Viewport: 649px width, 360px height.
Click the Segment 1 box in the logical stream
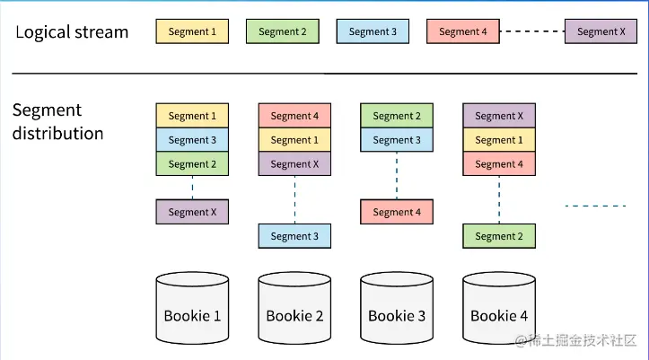click(192, 31)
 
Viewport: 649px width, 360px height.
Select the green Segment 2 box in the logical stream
click(282, 31)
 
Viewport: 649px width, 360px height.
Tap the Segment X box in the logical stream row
click(601, 31)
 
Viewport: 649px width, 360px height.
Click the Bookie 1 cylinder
click(192, 308)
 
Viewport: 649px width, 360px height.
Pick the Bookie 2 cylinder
click(294, 308)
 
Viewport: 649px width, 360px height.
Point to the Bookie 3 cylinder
click(397, 308)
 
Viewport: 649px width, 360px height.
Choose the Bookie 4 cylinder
click(499, 308)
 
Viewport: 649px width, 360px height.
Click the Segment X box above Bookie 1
click(192, 212)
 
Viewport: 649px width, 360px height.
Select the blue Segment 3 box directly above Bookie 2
click(294, 236)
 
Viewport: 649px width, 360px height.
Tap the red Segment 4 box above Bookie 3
click(397, 212)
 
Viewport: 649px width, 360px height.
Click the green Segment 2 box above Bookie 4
click(499, 236)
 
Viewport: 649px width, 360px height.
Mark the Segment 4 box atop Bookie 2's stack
click(294, 116)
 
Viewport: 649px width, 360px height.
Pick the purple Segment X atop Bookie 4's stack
click(499, 116)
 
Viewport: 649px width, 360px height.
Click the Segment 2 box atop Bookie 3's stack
click(397, 116)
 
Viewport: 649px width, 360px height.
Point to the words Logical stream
click(72, 32)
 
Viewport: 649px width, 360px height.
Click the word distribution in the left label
click(58, 133)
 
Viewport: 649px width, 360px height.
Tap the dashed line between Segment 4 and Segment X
click(532, 31)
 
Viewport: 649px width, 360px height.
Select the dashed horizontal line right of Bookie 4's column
click(596, 206)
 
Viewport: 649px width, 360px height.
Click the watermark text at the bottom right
click(575, 340)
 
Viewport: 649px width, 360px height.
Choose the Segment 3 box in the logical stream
click(373, 31)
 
